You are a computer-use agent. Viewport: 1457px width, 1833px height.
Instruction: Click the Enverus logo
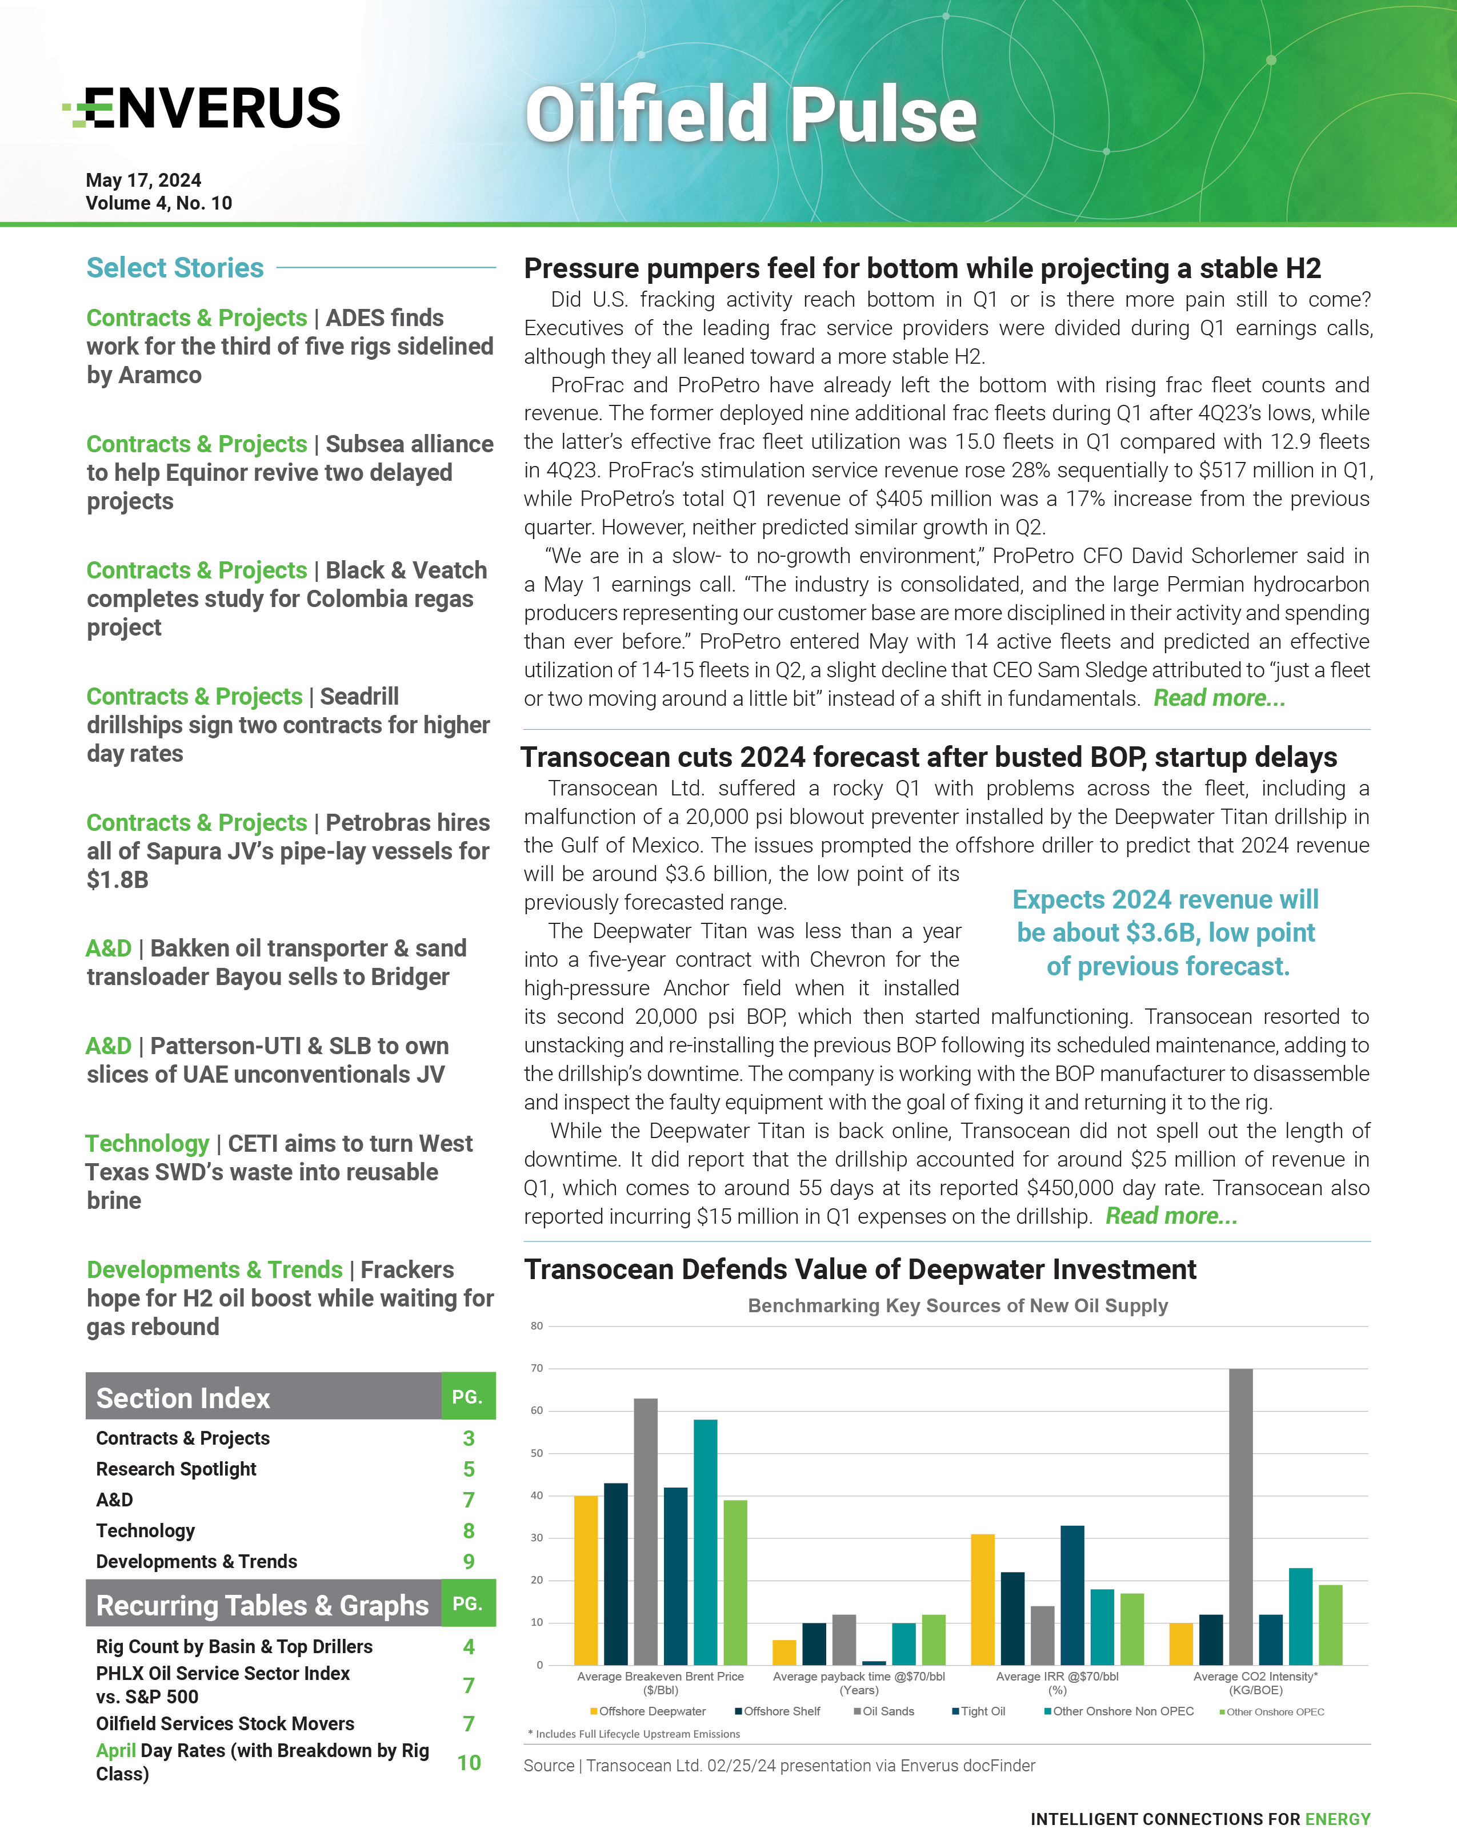[202, 108]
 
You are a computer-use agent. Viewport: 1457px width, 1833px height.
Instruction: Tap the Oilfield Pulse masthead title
[750, 115]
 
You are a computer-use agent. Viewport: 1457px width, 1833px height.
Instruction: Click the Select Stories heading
[175, 268]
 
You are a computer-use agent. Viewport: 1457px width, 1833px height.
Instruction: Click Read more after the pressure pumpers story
[1218, 699]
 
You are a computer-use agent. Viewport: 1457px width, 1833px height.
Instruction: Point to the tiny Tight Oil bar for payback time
[874, 1663]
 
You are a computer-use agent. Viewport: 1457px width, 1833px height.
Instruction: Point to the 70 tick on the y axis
[537, 1368]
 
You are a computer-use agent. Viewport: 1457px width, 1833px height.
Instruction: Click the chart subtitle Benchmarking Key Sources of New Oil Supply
[957, 1306]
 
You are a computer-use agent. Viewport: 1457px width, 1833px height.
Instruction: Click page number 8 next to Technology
[469, 1530]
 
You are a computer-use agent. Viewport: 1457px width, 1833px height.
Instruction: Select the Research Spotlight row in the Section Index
[176, 1469]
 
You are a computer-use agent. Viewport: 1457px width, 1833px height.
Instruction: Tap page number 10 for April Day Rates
[469, 1762]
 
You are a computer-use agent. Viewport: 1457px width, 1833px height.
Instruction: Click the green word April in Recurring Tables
[115, 1751]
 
